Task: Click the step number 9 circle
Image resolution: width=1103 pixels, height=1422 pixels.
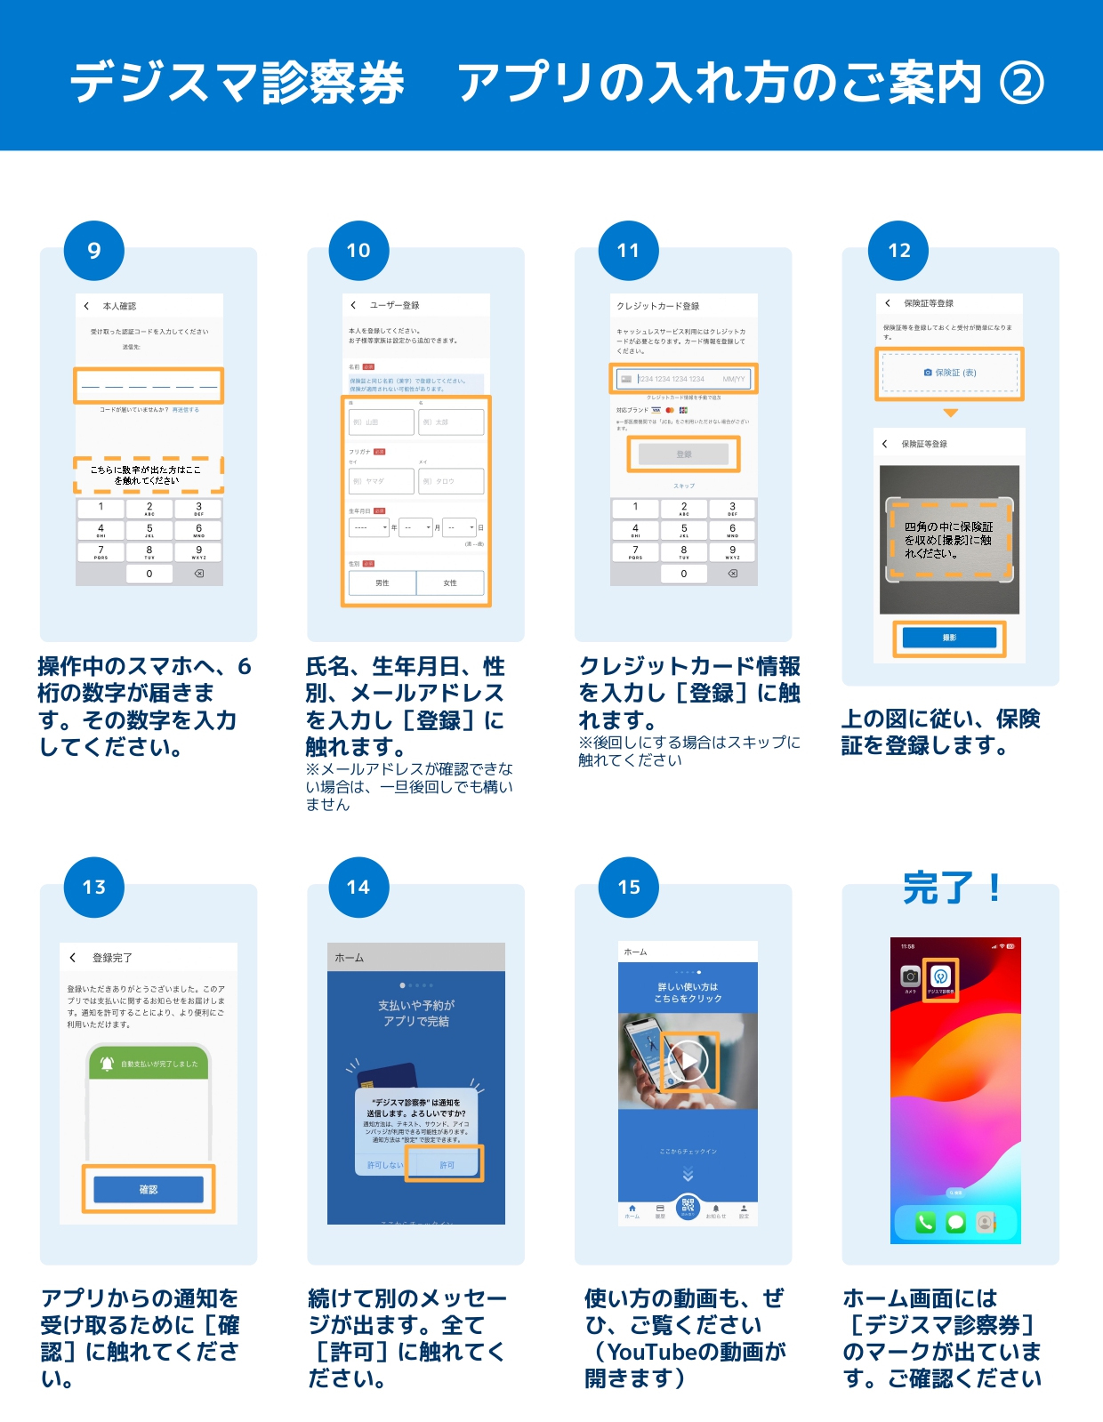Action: (x=94, y=251)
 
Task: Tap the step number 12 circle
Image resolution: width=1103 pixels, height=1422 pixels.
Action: (x=898, y=251)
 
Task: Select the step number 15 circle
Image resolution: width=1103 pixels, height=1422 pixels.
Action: (x=629, y=887)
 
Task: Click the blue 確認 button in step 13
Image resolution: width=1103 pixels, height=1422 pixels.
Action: (x=149, y=1189)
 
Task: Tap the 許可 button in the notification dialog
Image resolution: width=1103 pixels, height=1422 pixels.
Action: (x=446, y=1164)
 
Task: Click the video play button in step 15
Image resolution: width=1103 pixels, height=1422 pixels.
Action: (x=688, y=1060)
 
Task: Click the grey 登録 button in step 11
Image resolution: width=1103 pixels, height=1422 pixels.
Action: (x=683, y=454)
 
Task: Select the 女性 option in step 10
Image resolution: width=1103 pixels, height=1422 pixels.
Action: (x=450, y=582)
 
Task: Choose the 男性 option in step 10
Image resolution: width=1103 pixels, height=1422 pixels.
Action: (x=382, y=582)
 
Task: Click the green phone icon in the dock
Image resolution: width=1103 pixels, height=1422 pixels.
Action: (x=925, y=1223)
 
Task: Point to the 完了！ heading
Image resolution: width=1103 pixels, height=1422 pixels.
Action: (x=952, y=888)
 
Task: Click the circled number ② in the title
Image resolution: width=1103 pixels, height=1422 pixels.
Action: (x=1022, y=84)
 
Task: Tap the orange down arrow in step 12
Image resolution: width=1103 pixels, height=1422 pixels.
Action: (x=950, y=413)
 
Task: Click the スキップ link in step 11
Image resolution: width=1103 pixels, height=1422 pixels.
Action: (x=683, y=486)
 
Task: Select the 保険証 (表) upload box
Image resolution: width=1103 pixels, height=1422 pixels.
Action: (x=949, y=373)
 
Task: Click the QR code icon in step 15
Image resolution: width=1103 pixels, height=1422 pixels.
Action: (x=688, y=1206)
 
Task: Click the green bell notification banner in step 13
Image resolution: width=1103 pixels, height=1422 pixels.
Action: (x=149, y=1064)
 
